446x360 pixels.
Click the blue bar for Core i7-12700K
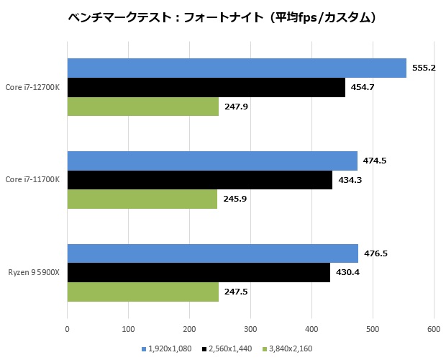237,68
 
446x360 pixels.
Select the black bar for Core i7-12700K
206,87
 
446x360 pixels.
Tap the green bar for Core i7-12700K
142,107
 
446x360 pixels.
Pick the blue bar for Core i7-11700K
212,161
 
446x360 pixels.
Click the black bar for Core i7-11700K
199,179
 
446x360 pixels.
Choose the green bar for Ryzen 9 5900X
142,292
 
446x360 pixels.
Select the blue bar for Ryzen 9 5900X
213,253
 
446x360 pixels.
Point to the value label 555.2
425,68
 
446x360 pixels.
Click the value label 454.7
362,87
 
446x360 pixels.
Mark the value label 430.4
350,272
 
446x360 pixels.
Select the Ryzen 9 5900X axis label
34,272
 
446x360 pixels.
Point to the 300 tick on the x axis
250,329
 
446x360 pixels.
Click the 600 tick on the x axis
434,329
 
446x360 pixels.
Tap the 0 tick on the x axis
67,329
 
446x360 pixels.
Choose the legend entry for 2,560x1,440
229,349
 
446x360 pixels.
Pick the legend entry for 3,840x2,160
289,349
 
